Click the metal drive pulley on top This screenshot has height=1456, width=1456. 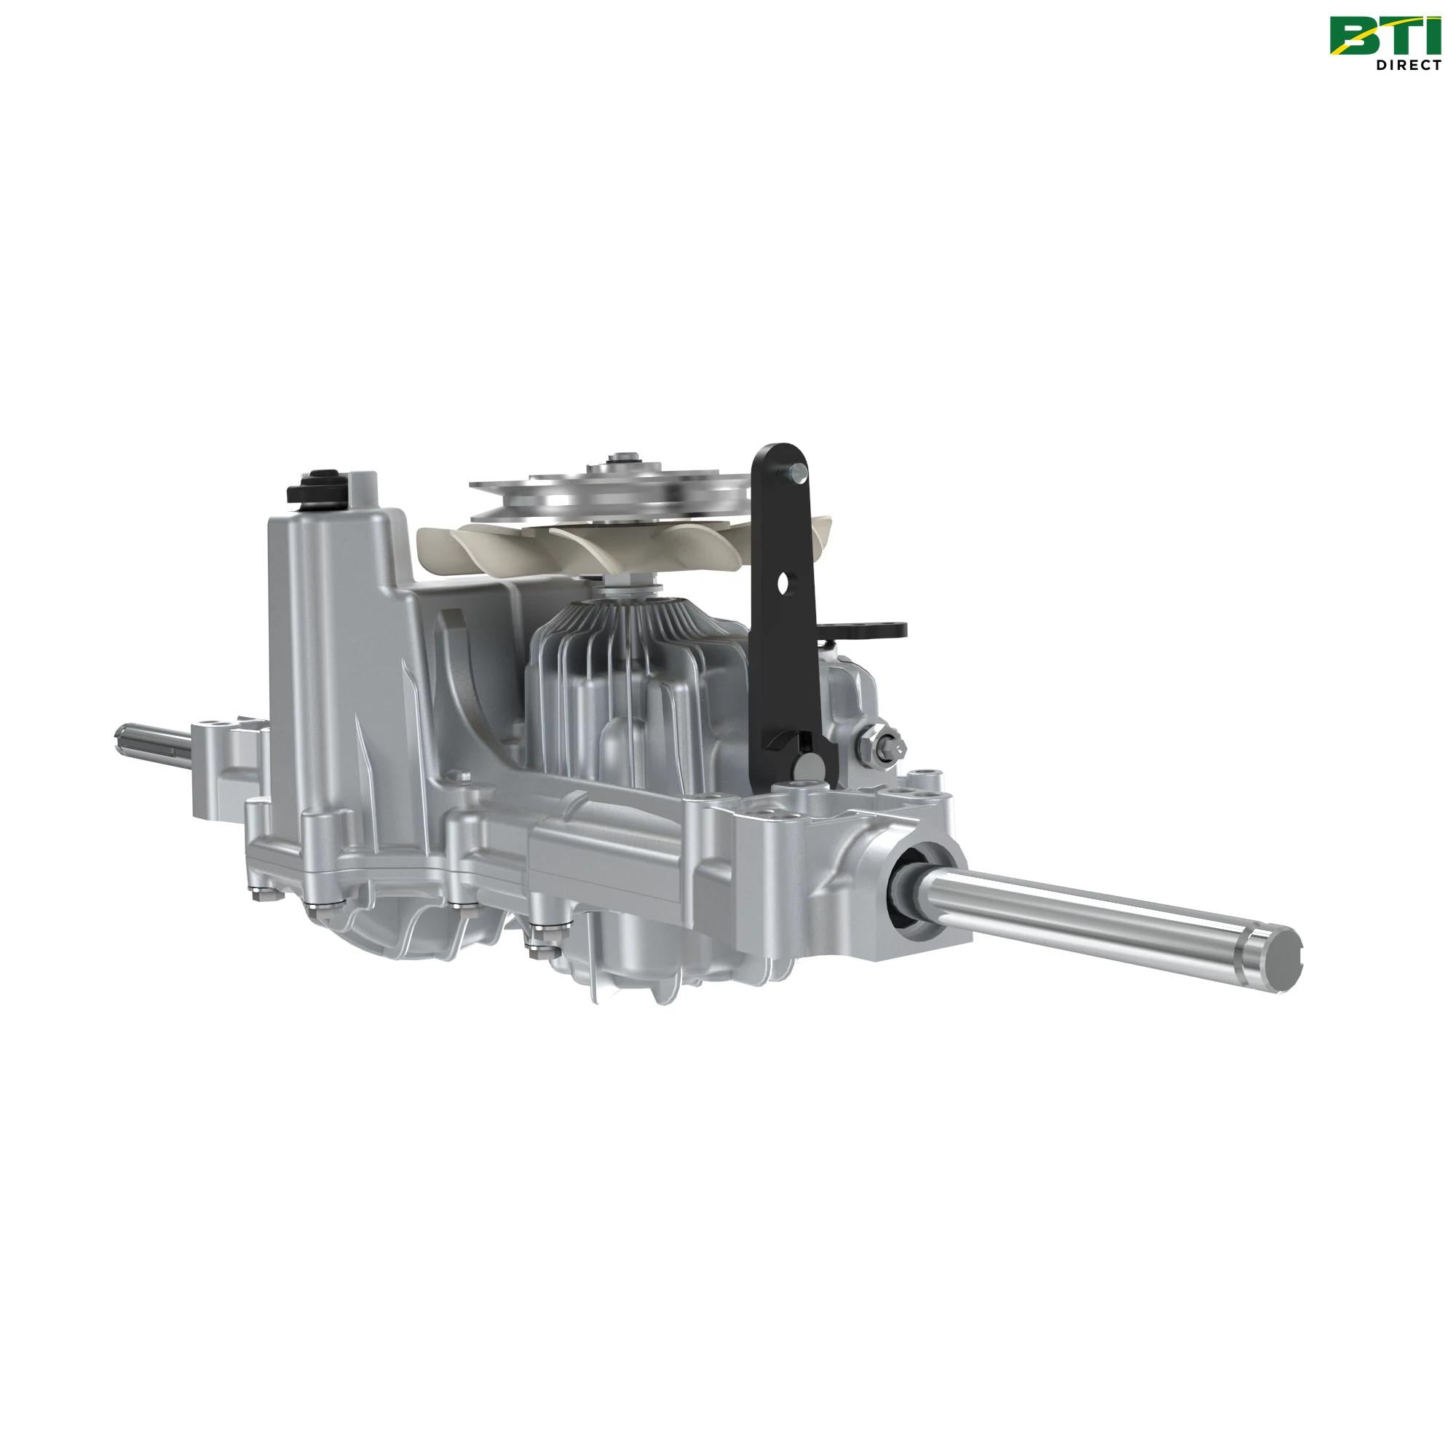(x=611, y=494)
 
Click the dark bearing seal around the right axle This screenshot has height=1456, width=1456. (x=906, y=887)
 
